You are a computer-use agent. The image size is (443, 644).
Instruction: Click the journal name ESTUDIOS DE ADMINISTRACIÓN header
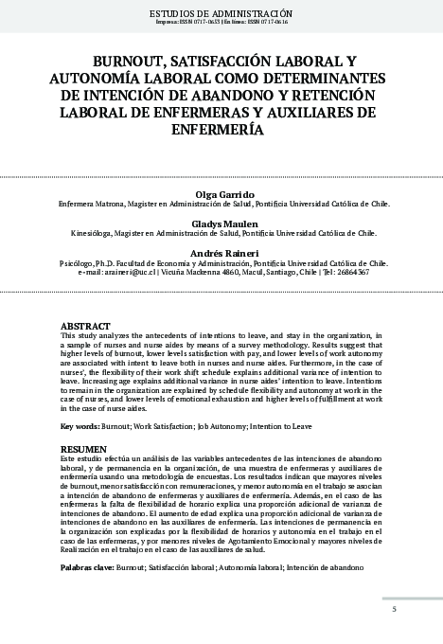pyautogui.click(x=221, y=12)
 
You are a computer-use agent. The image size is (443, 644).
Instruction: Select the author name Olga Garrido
pyautogui.click(x=221, y=192)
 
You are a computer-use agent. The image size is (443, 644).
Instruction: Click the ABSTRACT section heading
pyautogui.click(x=83, y=326)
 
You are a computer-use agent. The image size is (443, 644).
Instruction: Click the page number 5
pyautogui.click(x=394, y=609)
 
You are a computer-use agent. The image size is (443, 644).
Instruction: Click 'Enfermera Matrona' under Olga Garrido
pyautogui.click(x=92, y=202)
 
